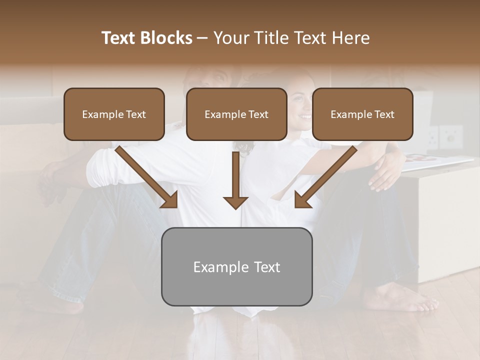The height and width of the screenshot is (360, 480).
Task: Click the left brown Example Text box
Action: coord(114,114)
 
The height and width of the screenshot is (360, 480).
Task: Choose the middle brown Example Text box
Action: coord(236,114)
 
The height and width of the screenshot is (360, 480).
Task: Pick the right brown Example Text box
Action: coord(362,114)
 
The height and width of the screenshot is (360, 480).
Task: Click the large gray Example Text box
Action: coord(236,266)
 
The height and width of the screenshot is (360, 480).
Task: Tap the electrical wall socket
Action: coord(450,135)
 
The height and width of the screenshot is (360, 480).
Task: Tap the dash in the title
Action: coord(202,38)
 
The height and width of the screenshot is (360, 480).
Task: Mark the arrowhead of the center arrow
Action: coord(235,201)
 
